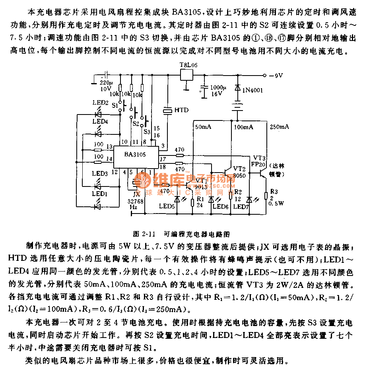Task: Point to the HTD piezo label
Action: [181, 110]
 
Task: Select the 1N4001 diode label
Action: [254, 90]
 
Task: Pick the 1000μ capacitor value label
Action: [218, 87]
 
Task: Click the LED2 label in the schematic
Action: [100, 103]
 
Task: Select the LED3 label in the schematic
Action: [100, 173]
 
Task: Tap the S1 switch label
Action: [115, 106]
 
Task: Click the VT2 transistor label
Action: [239, 168]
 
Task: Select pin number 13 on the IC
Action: [109, 148]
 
